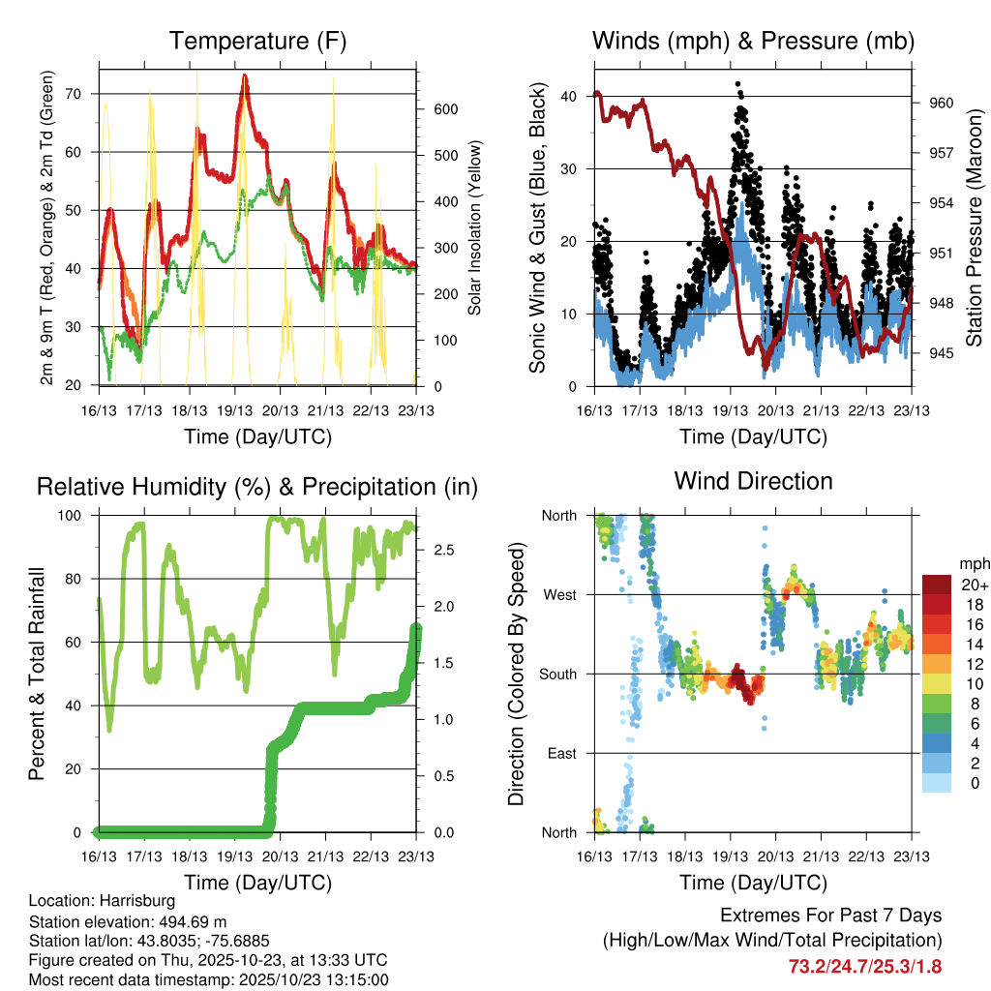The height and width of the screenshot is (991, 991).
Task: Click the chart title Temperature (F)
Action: pyautogui.click(x=257, y=41)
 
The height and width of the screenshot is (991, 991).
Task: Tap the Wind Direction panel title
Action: pyautogui.click(x=753, y=481)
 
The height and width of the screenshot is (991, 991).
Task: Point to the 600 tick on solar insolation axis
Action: pyautogui.click(x=445, y=109)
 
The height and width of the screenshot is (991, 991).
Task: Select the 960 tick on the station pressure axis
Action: pyautogui.click(x=942, y=103)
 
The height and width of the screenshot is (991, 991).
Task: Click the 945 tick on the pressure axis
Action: pyautogui.click(x=942, y=353)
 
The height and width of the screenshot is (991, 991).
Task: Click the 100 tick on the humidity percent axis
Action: pyautogui.click(x=79, y=516)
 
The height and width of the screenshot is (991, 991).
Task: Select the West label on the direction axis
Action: pyautogui.click(x=559, y=594)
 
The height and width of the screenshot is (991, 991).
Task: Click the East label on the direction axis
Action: pyautogui.click(x=560, y=753)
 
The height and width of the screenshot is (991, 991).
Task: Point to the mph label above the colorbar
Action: pyautogui.click(x=974, y=563)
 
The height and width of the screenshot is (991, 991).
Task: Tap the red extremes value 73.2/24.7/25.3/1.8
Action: pyautogui.click(x=865, y=966)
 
